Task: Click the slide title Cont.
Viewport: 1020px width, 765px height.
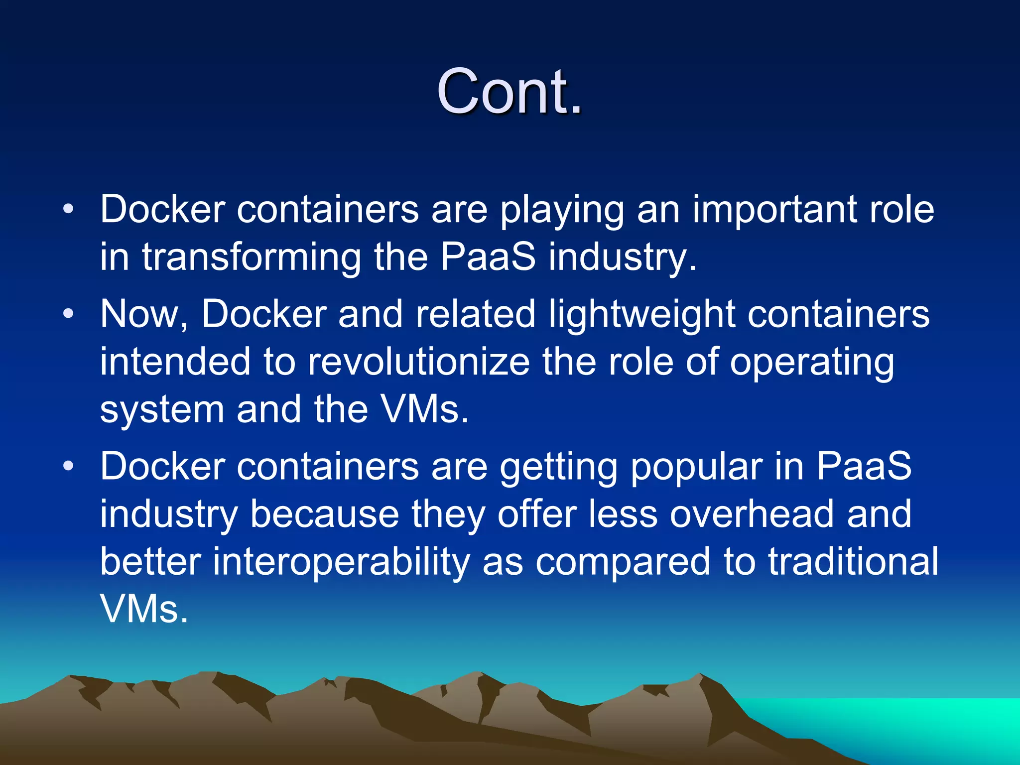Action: pos(509,92)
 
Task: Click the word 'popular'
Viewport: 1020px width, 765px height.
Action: pos(696,468)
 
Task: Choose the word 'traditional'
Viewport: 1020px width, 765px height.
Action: pos(853,561)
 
